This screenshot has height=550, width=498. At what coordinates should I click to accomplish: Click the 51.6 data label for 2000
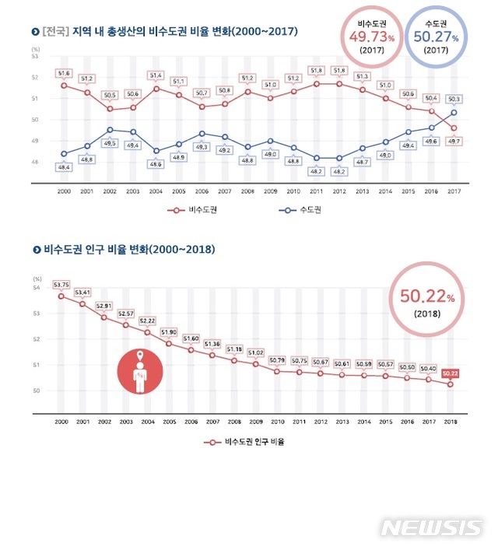63,72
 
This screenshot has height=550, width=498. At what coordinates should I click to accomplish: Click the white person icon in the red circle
139,373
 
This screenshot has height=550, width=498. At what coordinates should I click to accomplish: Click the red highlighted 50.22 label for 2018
450,373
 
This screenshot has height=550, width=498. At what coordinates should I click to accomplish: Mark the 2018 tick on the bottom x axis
450,421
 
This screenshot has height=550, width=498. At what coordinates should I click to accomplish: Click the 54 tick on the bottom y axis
37,288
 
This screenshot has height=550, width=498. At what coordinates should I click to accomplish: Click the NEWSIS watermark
431,527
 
